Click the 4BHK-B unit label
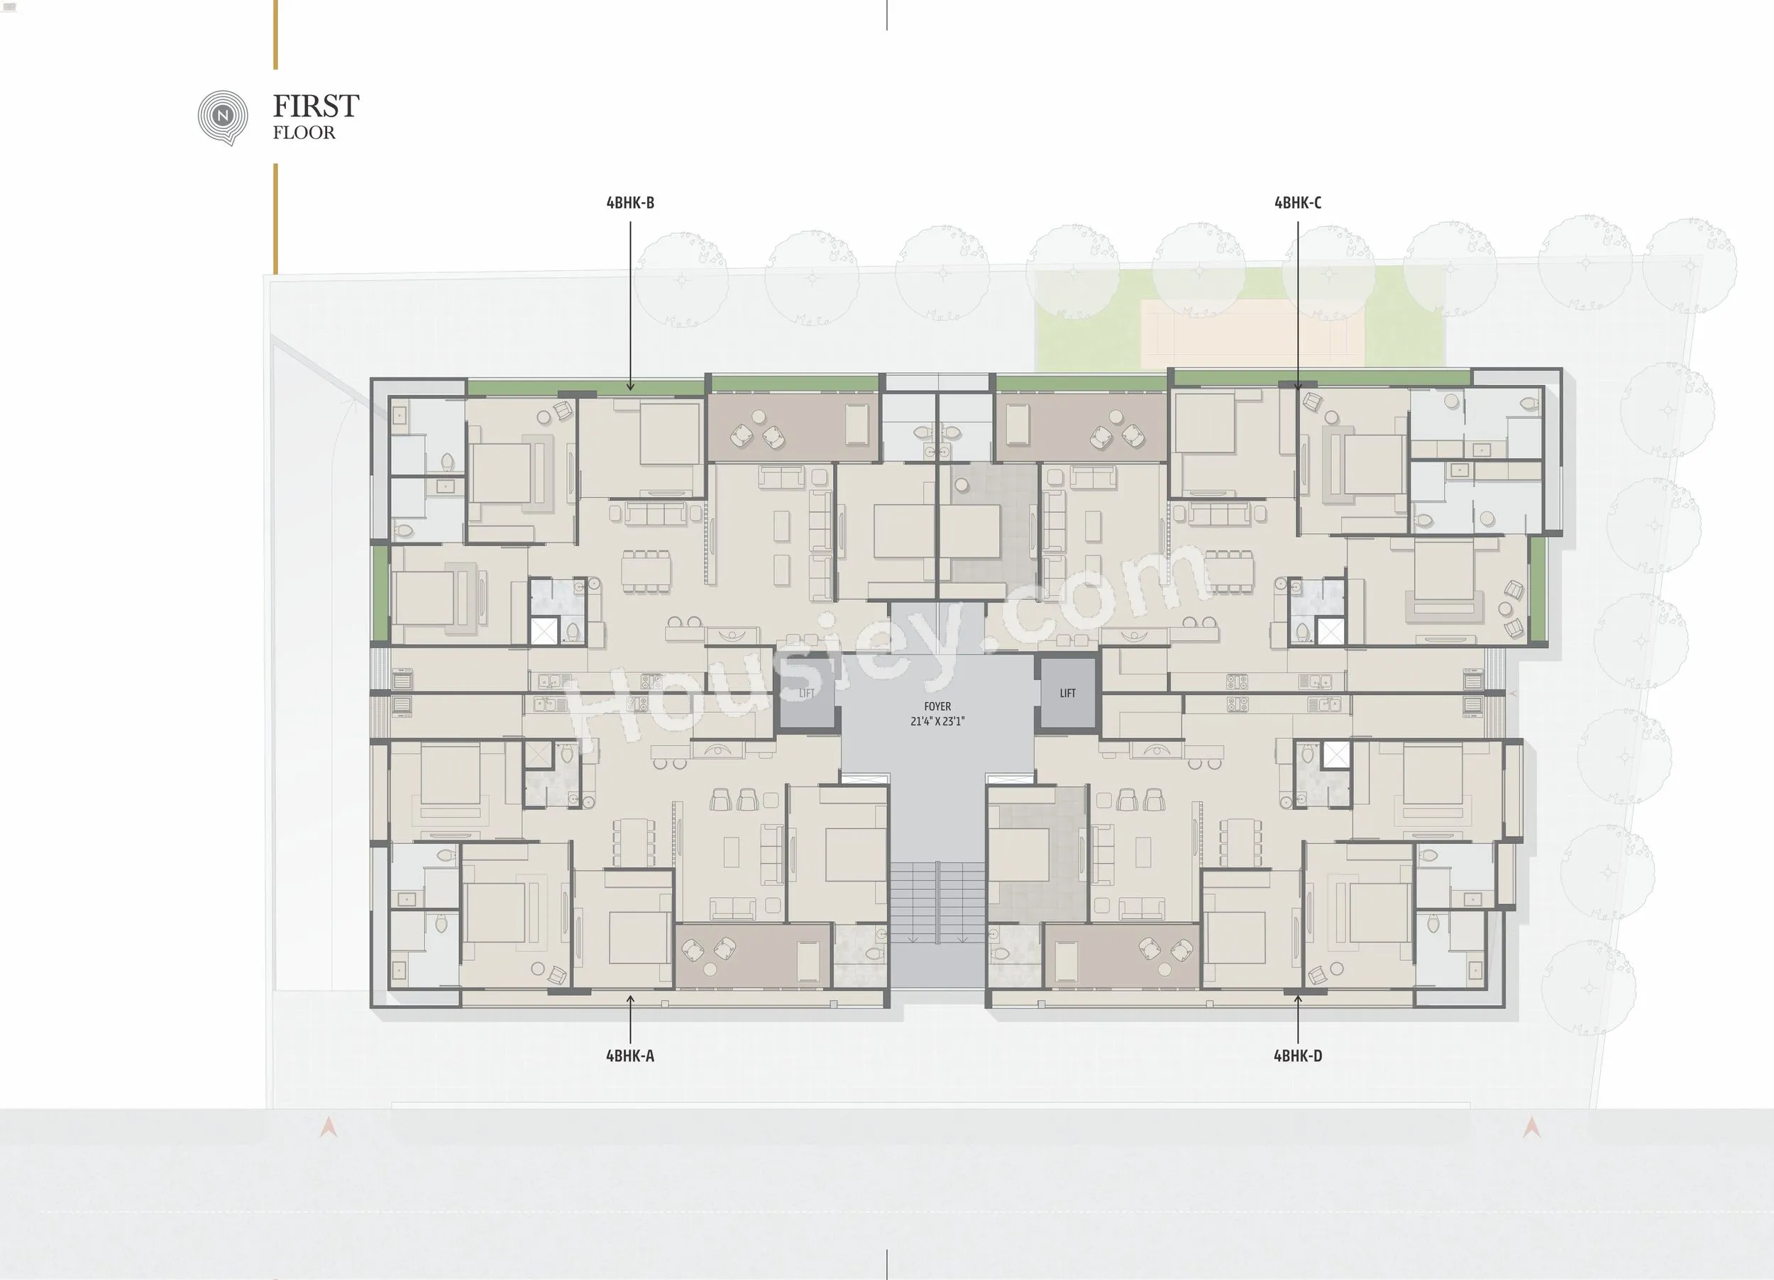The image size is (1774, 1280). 629,203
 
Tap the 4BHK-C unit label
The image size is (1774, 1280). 1298,203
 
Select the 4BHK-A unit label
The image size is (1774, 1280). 629,1056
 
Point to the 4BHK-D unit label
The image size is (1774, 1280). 1298,1056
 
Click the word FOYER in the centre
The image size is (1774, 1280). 937,707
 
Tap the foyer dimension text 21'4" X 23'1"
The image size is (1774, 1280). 937,722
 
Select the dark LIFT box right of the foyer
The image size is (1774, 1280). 1068,693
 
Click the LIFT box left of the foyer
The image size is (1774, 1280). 806,694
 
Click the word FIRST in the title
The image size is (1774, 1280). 316,106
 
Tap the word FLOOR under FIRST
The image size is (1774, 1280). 304,133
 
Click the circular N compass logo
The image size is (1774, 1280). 223,117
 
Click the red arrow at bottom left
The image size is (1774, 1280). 329,1128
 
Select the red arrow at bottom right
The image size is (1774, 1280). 1531,1128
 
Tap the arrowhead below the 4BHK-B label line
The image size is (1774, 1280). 630,386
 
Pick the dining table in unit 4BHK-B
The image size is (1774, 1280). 646,571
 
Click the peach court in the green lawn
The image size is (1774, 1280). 1252,333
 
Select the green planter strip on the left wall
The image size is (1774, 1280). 381,594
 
